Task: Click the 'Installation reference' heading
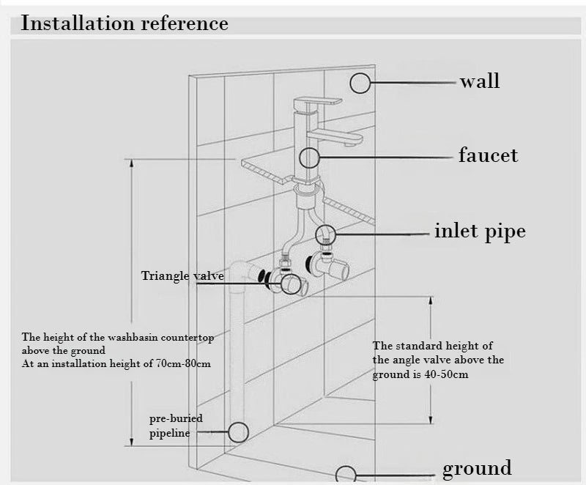(125, 23)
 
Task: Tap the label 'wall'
(480, 81)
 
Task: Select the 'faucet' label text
(488, 155)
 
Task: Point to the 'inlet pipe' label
(480, 231)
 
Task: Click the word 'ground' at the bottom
(477, 469)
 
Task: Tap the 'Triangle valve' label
(182, 275)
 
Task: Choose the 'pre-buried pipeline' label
(176, 426)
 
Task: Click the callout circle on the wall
(360, 83)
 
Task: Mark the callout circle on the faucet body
(309, 158)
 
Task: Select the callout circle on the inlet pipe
(325, 235)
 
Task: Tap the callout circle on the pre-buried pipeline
(238, 432)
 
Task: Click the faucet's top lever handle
(318, 102)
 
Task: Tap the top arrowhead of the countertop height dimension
(131, 163)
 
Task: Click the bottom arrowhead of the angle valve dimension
(431, 419)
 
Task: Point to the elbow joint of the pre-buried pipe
(240, 270)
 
